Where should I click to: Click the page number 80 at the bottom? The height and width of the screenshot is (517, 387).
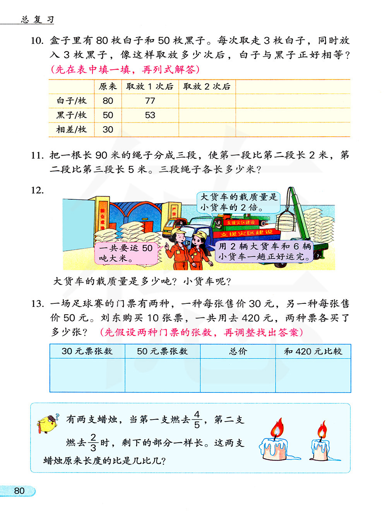coord(19,491)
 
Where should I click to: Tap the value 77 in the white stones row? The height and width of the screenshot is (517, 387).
coord(150,101)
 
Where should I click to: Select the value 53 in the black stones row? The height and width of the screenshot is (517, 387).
coord(150,115)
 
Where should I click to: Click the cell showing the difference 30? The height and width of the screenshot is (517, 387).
coord(108,130)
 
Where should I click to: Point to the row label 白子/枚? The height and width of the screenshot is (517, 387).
coord(72,101)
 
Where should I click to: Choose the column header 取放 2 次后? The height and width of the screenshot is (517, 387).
coord(207,87)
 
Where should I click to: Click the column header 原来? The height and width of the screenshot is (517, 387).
coord(108,87)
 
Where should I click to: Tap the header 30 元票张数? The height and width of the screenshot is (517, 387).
coord(87,351)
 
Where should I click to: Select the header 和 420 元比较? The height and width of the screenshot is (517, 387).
coord(313,351)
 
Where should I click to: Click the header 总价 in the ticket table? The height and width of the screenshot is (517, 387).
coord(238,351)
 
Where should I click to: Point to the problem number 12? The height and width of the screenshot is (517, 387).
coord(37,190)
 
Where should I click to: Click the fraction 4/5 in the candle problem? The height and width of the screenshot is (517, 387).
coord(197,419)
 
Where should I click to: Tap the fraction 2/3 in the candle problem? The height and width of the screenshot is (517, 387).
coord(93,442)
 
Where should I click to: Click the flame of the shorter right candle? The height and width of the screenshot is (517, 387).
coord(322,431)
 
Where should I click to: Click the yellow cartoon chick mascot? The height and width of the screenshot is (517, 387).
coord(48,424)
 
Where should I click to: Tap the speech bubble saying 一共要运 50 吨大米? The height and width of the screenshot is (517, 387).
coord(126,253)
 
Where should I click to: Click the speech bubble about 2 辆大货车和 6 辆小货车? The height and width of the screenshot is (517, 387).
coord(265,251)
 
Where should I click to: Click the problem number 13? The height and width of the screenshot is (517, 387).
coord(37,304)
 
